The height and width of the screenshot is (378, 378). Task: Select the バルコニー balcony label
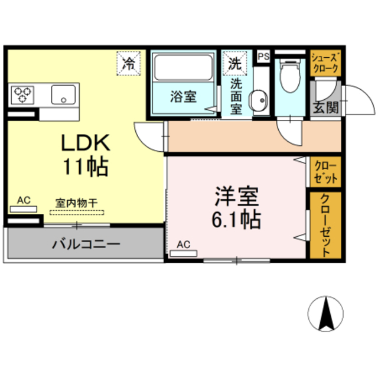pos(85,243)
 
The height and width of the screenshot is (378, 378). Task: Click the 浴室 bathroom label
pos(183,96)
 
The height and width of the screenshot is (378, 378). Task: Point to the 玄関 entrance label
pos(325,107)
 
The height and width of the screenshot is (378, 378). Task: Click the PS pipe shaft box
pos(263,57)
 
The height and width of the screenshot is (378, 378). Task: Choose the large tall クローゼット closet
pos(325,224)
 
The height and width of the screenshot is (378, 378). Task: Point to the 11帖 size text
pos(86,167)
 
